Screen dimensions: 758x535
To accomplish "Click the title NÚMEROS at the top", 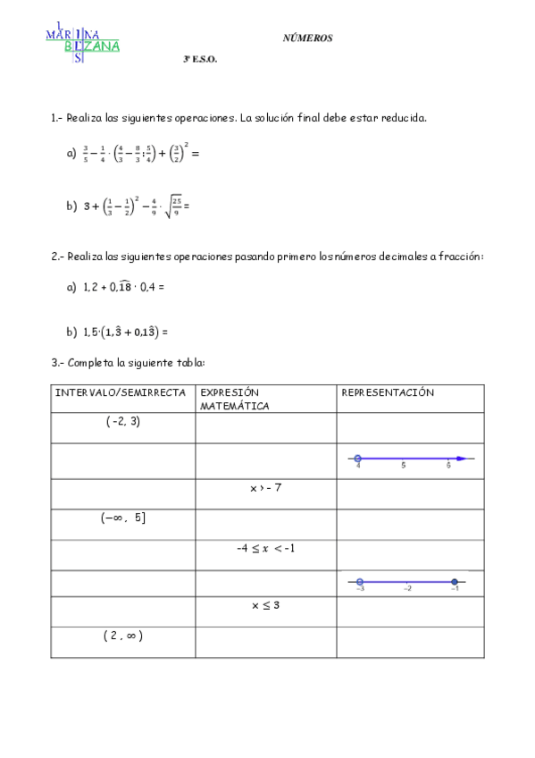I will point(307,38).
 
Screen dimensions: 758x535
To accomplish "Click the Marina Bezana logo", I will point(82,42).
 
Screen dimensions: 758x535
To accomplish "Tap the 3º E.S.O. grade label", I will point(200,61).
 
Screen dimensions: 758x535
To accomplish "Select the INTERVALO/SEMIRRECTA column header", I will point(121,392).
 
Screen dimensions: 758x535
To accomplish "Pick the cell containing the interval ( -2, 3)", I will point(123,422).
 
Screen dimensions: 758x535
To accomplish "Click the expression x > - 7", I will point(266,488).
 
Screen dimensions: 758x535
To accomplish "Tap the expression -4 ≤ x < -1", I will point(266,548).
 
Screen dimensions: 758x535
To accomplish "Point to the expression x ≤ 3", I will point(266,605).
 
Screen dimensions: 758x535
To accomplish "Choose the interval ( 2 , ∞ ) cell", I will point(123,636).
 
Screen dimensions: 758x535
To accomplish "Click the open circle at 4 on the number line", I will point(358,458).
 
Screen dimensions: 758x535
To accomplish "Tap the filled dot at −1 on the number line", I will point(455,581).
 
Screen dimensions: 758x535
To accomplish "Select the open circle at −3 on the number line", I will point(359,581).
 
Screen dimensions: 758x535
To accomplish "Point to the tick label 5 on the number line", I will point(404,466).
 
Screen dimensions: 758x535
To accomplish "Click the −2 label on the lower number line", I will point(407,589).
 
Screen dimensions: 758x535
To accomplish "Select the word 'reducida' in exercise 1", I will point(406,118).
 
